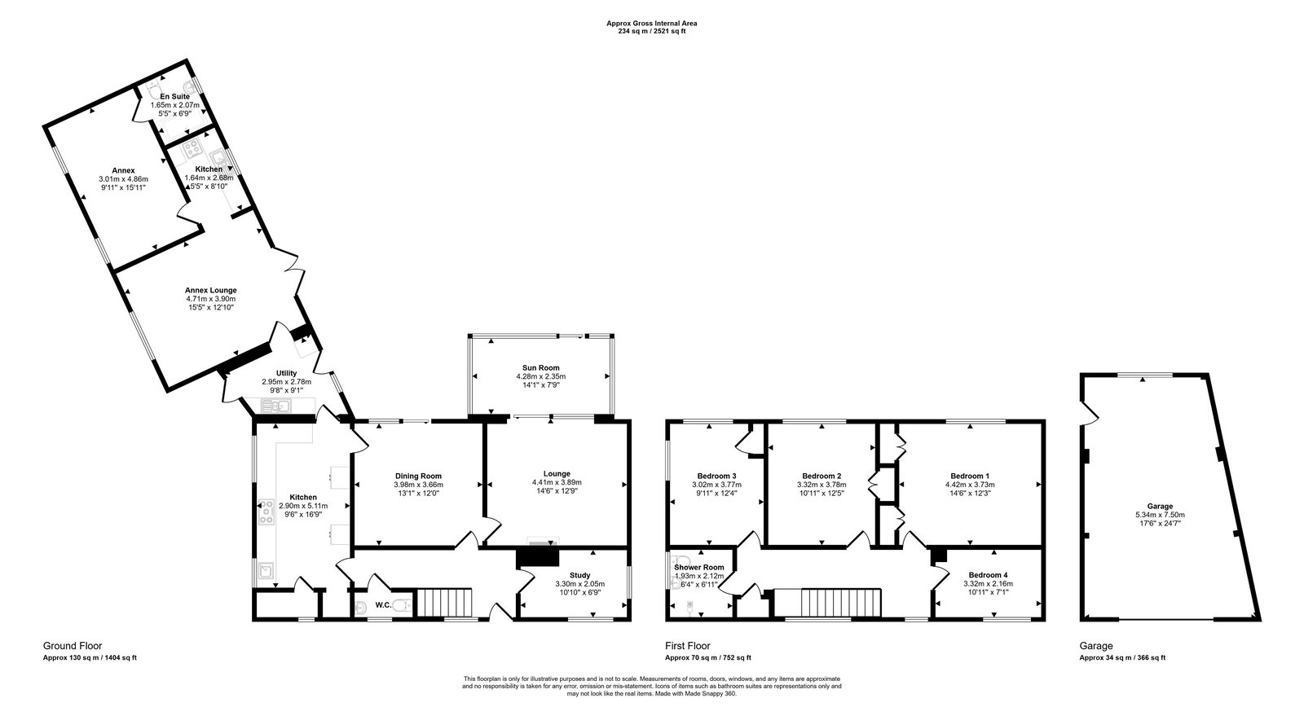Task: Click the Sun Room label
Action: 540,368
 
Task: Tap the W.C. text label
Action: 381,605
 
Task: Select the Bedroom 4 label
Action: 985,575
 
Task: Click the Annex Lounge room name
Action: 210,290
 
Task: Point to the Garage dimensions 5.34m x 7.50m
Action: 1160,515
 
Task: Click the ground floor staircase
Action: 445,603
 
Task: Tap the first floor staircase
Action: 839,603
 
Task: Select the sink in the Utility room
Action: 276,406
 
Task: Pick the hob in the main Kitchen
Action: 266,512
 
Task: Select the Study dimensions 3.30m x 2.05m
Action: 573,584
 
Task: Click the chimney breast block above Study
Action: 538,556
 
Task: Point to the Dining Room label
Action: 418,476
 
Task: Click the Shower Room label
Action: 698,568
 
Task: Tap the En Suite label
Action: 174,97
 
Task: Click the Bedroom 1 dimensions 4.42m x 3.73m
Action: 970,485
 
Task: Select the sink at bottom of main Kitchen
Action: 266,570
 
